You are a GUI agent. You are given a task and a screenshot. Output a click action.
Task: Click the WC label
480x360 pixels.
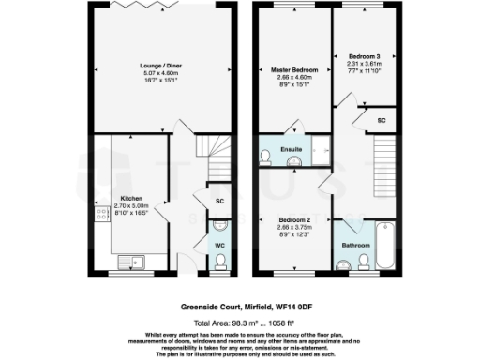tap(218, 246)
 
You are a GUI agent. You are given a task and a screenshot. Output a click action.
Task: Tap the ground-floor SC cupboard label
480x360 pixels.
tap(218, 202)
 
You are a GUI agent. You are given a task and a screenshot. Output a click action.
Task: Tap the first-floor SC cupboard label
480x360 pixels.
tap(382, 121)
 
